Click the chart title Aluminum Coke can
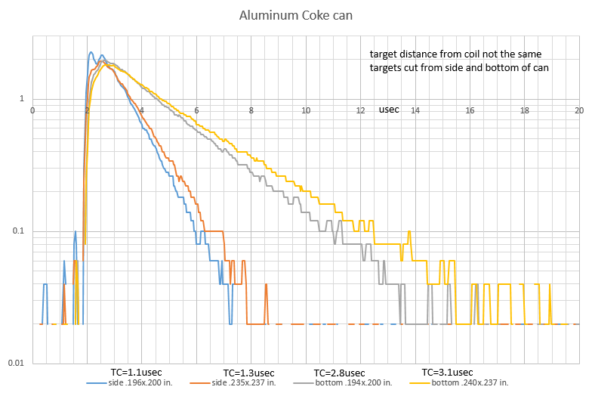pos(296,15)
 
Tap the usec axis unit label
pos(389,110)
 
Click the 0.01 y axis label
pos(17,364)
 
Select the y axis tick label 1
pos(23,99)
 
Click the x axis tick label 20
pos(579,110)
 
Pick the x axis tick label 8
pos(251,110)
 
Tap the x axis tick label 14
pos(415,110)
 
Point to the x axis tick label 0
pos(32,110)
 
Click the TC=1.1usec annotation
pos(137,372)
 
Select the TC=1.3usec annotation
pos(248,373)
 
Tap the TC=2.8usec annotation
pos(340,373)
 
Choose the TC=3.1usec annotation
pos(447,372)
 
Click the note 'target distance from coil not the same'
pos(455,54)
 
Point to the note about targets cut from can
pos(458,68)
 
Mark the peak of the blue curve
pos(91,52)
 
